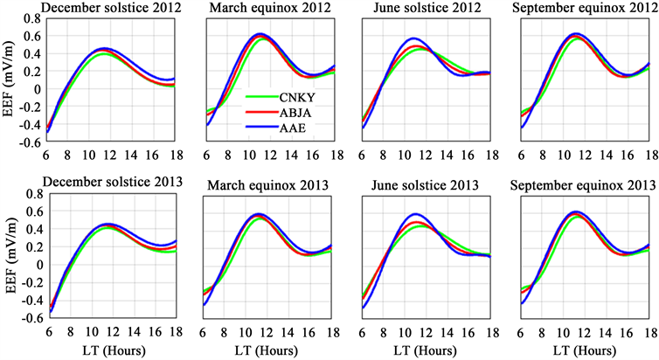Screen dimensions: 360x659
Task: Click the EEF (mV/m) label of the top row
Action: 9,79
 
